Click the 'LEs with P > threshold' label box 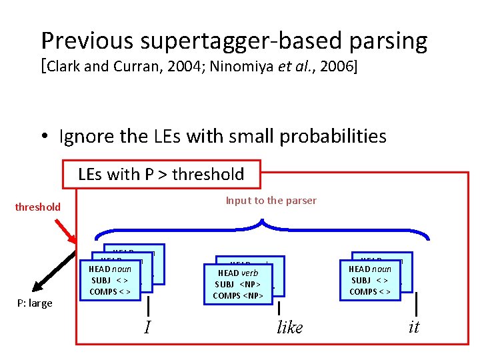[161, 175]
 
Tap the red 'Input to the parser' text [271, 200]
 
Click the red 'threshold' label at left [38, 207]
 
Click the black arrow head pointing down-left [38, 286]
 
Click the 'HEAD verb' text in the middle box [237, 273]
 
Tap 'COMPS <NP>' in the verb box [237, 295]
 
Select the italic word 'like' [289, 327]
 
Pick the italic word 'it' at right [413, 327]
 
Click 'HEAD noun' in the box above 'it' [369, 269]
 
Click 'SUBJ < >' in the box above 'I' [110, 280]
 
